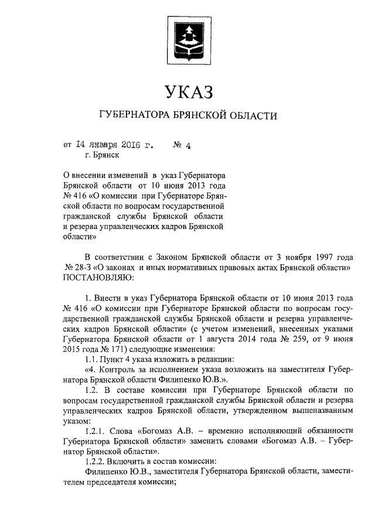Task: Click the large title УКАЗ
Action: (187, 93)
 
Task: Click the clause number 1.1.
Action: (92, 359)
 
